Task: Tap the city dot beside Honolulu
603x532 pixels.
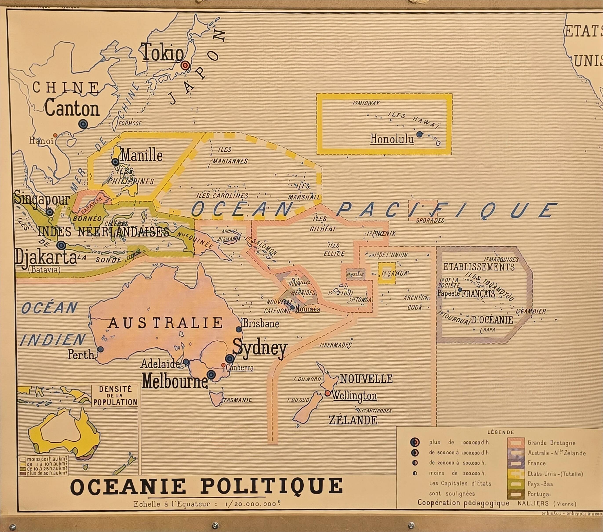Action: click(419, 134)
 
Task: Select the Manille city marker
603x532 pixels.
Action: click(115, 162)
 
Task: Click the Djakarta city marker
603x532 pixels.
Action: click(61, 245)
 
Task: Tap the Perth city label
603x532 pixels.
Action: click(80, 355)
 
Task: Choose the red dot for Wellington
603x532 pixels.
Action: click(327, 393)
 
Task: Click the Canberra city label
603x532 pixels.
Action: click(240, 368)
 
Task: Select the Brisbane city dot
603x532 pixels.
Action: click(238, 329)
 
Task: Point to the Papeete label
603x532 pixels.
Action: click(449, 293)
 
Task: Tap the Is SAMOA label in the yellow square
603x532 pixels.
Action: click(394, 273)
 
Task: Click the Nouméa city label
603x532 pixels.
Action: click(307, 309)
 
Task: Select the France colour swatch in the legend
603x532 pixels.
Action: click(516, 463)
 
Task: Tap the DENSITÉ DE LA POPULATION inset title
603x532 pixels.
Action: click(115, 396)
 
